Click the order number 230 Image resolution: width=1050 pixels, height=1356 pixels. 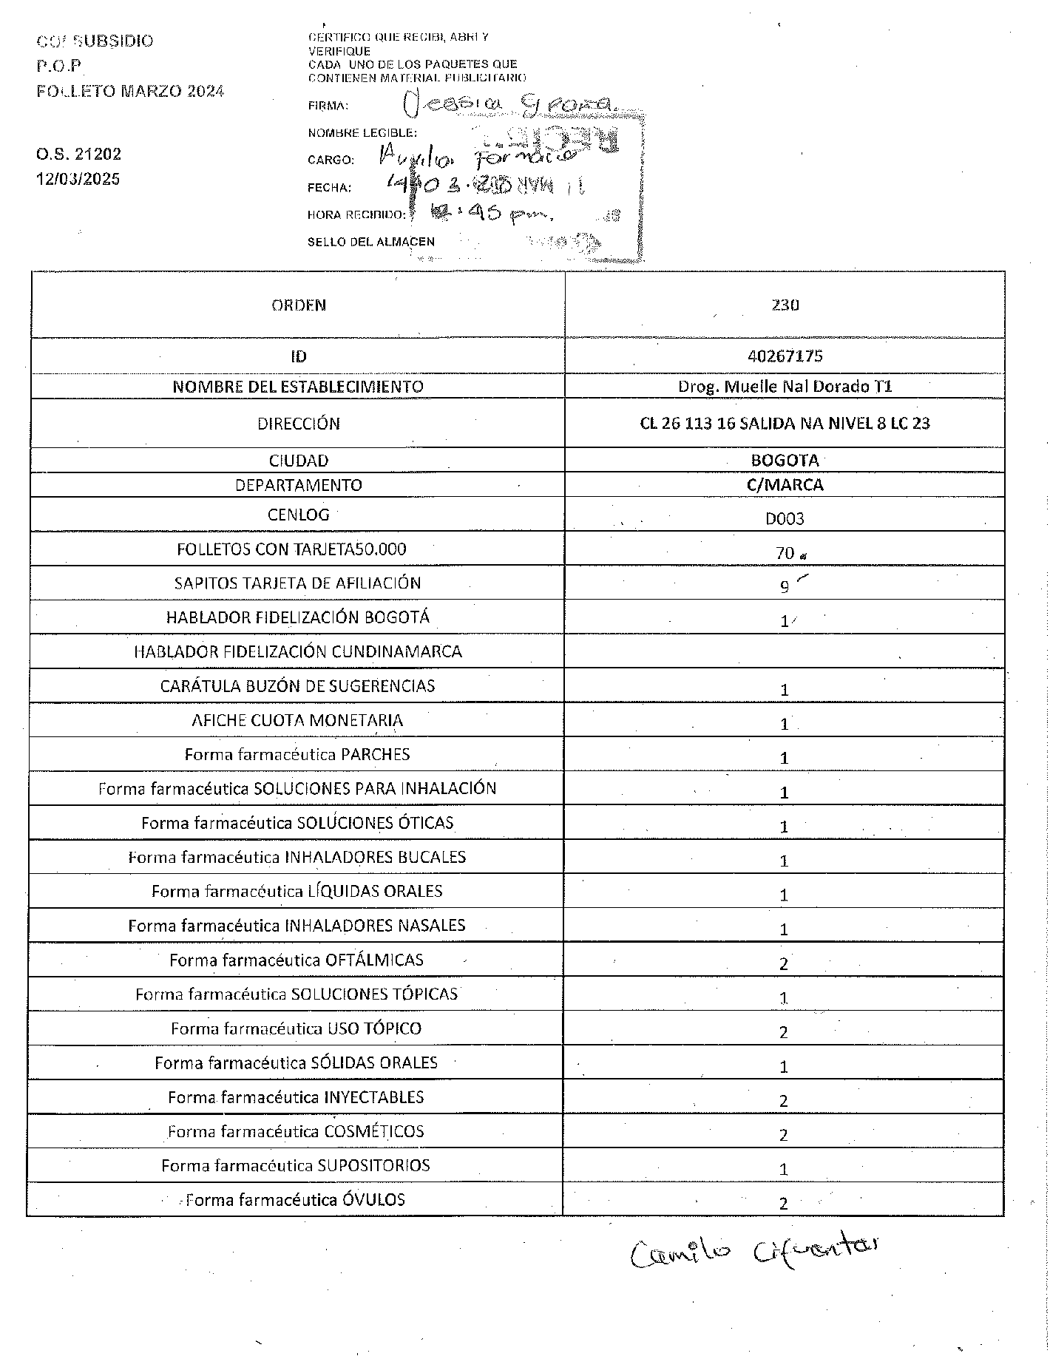785,305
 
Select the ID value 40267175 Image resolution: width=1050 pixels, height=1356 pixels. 785,356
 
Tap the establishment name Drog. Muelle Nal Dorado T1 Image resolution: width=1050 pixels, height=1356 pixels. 785,386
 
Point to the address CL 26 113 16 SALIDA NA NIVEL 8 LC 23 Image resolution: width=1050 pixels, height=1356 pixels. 785,424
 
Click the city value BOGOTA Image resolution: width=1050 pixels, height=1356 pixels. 785,460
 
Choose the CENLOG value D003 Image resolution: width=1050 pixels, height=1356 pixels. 785,518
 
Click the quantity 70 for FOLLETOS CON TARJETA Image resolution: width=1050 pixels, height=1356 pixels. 785,552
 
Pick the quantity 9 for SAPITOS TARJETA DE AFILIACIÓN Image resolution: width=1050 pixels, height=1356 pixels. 785,587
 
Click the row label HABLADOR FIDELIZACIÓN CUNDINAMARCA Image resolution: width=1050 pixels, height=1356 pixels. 297,651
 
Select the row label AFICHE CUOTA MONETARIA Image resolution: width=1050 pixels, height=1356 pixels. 297,720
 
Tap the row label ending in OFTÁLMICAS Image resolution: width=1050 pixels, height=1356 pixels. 297,960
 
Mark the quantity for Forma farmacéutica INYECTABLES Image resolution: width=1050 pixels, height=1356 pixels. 784,1101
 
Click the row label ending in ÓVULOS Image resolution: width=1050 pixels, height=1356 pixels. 295,1199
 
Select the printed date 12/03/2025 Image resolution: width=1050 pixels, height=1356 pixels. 78,179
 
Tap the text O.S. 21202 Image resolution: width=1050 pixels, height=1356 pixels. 78,155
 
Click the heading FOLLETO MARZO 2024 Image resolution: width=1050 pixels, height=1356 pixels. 130,91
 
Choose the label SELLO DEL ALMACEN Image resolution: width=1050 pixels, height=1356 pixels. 370,242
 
